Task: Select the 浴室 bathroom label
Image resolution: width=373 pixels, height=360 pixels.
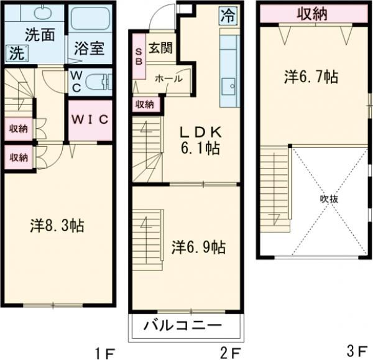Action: tap(89, 47)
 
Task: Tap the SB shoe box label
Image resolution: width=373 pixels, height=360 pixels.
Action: tap(139, 57)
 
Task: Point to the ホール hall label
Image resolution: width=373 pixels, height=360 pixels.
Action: tap(168, 79)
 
